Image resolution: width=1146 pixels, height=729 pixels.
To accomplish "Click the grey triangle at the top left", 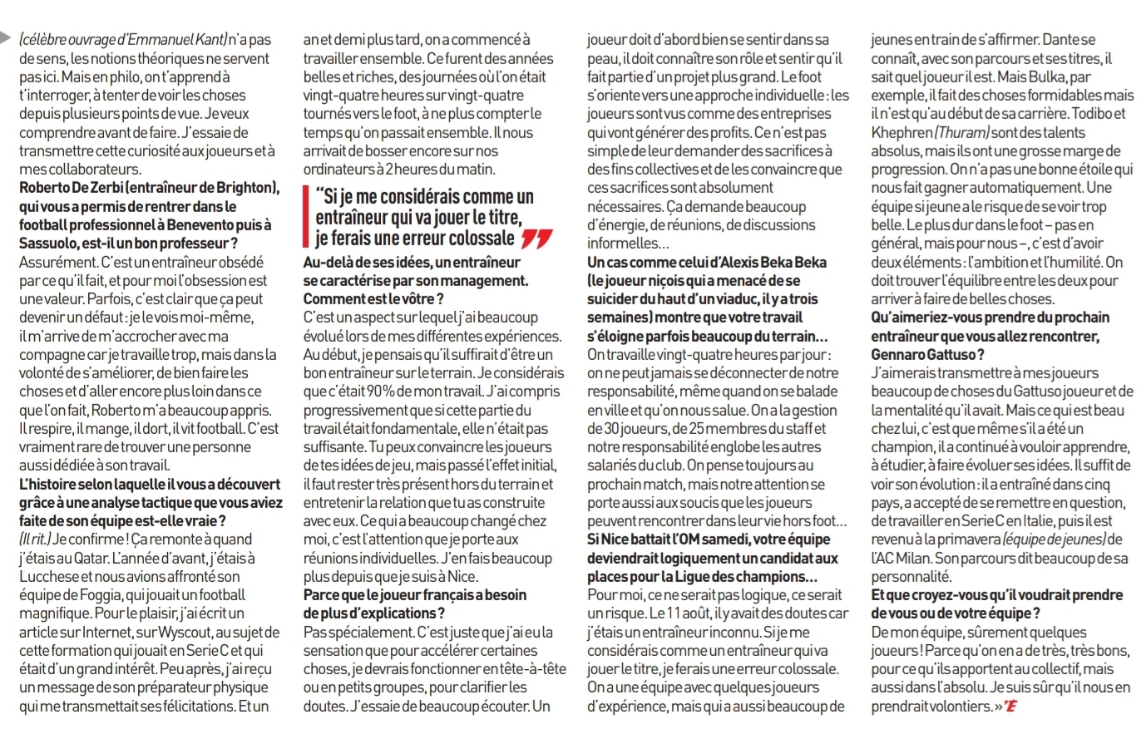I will coord(7,38).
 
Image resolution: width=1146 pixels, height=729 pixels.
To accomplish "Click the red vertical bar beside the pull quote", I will coord(306,217).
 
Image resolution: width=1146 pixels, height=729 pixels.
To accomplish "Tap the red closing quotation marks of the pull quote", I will coord(536,240).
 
